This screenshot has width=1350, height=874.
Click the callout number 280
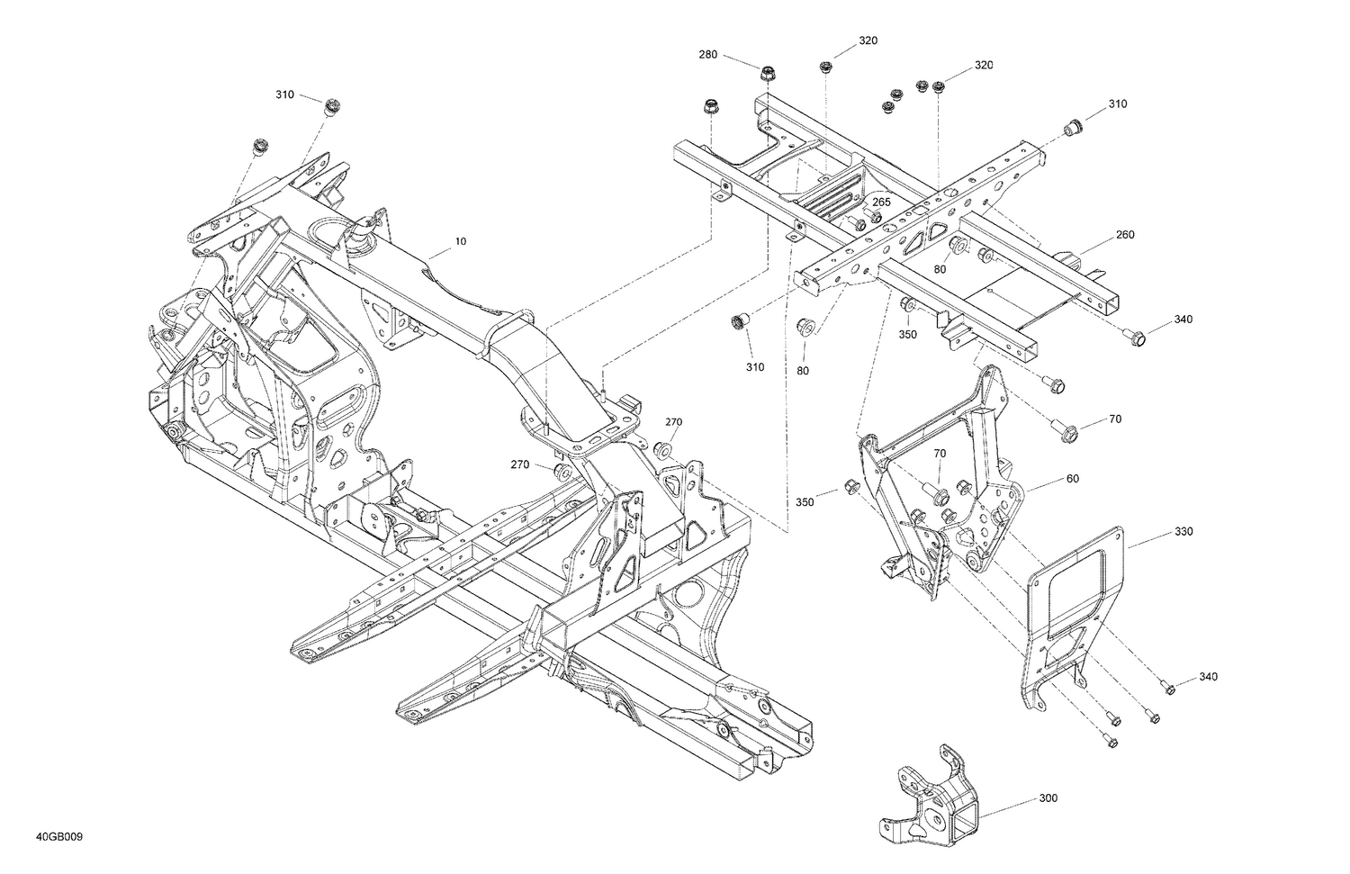click(x=708, y=55)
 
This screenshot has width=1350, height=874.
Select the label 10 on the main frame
click(x=461, y=241)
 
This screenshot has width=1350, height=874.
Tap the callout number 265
click(x=881, y=203)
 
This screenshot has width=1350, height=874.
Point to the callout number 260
click(x=1125, y=235)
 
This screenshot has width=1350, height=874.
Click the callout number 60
click(x=1072, y=479)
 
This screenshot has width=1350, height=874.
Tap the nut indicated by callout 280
click(x=768, y=73)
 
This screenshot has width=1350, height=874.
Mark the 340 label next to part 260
click(x=1183, y=320)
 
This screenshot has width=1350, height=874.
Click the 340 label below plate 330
click(x=1208, y=677)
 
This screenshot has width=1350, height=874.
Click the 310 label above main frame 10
click(x=284, y=95)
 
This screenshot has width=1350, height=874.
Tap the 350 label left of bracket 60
click(x=805, y=501)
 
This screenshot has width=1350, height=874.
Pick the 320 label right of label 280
click(x=868, y=41)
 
